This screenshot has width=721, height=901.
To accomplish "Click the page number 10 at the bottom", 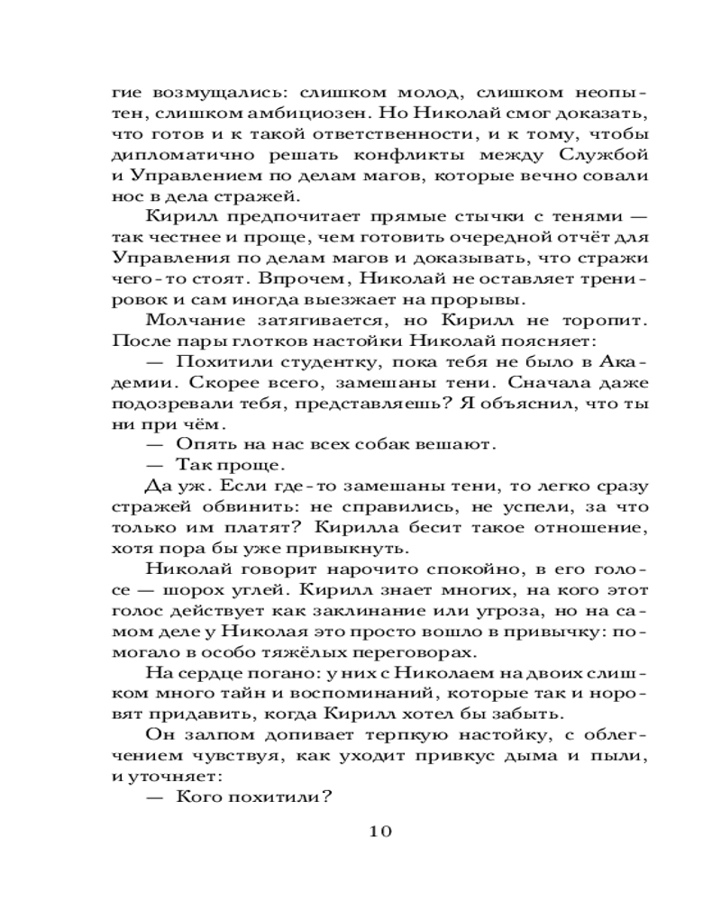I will tap(377, 831).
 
